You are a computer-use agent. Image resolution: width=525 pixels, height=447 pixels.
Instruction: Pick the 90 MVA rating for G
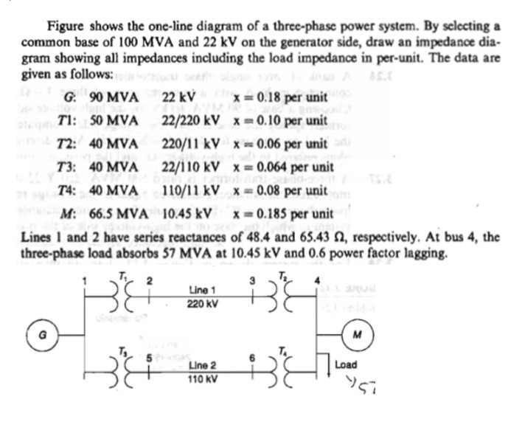click(112, 98)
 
